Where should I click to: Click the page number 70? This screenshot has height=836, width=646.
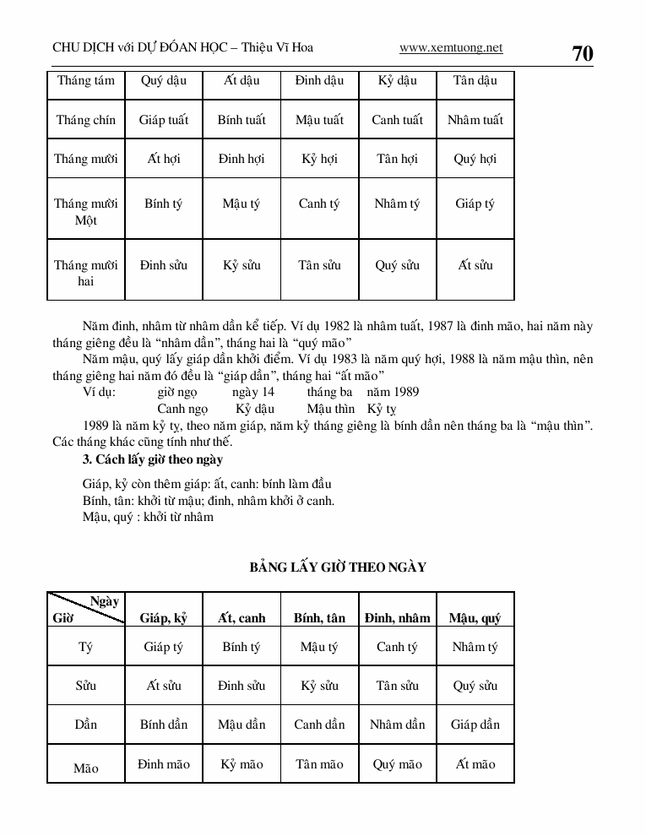coord(583,53)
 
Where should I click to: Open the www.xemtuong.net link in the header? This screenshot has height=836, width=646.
coord(450,48)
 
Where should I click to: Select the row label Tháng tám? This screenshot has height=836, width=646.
coord(86,81)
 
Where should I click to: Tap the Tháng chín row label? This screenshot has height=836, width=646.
coord(86,120)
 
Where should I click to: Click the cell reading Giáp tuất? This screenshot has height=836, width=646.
coord(164,120)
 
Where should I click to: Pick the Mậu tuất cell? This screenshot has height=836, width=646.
coord(319,120)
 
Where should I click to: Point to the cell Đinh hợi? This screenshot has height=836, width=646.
coord(242,159)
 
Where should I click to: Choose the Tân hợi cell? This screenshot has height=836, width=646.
coord(397,159)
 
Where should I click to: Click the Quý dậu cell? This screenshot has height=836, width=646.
coord(164,81)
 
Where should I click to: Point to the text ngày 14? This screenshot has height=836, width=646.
coord(253,392)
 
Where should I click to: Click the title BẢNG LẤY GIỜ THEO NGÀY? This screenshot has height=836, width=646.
coord(338,567)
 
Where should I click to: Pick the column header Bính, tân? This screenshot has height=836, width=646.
coord(319,618)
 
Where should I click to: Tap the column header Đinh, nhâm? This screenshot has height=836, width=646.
coord(397,618)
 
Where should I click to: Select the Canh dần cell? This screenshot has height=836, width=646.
coord(319,725)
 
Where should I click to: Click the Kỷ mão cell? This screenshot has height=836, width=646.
coord(242,764)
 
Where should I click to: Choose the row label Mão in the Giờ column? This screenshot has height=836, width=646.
coord(86,768)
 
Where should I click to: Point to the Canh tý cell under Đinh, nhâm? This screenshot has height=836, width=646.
coord(397,648)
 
